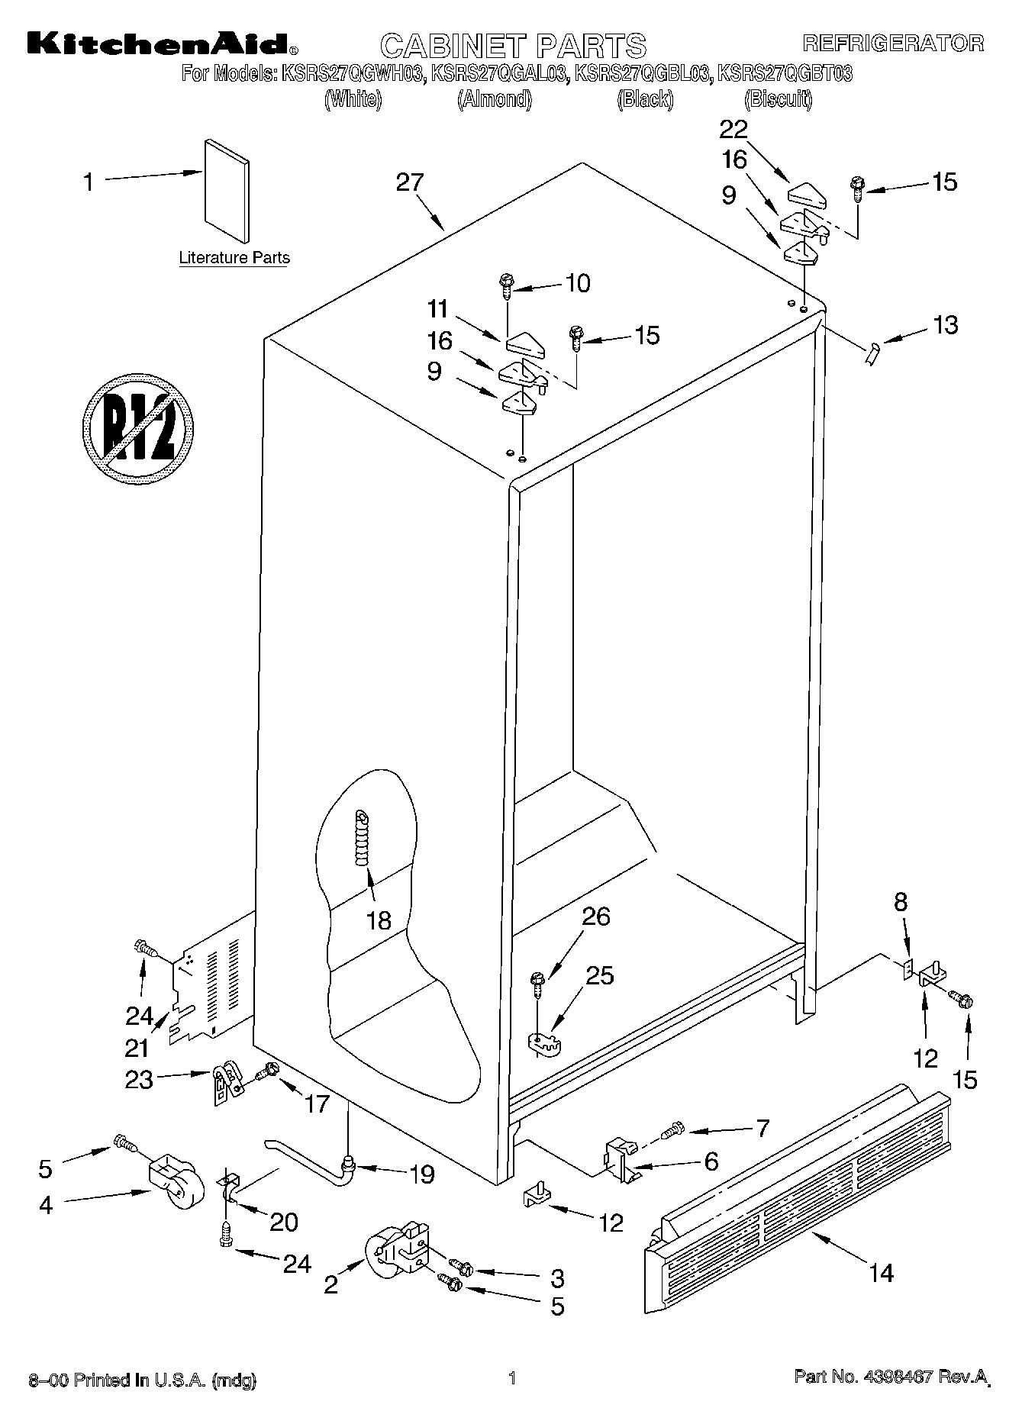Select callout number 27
point(409,182)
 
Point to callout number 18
point(379,920)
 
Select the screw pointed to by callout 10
point(505,285)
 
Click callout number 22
point(733,129)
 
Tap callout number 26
point(596,916)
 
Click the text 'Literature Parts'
point(234,258)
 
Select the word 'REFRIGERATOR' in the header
point(892,43)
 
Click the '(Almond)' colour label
point(494,98)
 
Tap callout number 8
point(901,902)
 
